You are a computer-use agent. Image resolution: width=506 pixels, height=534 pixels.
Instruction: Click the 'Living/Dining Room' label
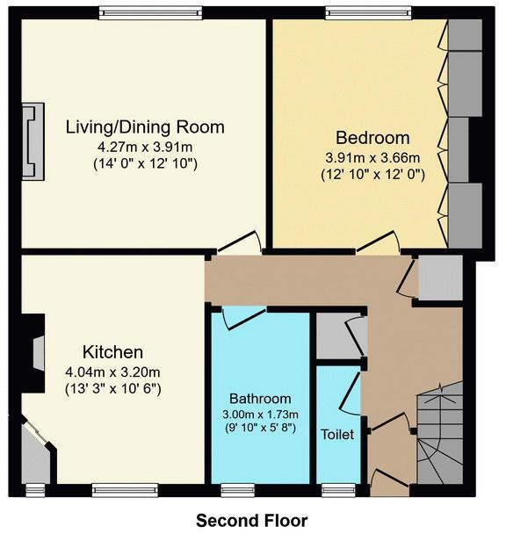145,127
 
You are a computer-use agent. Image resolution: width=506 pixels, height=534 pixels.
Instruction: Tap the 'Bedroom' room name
372,138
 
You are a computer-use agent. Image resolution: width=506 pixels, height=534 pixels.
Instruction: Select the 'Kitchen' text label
113,352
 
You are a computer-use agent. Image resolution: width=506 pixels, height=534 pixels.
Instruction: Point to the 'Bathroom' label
260,398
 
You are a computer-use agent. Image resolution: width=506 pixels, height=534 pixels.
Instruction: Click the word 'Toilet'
337,434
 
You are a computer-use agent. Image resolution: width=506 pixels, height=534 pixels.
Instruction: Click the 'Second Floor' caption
252,519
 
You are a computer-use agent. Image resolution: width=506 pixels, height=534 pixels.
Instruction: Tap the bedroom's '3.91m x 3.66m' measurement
372,157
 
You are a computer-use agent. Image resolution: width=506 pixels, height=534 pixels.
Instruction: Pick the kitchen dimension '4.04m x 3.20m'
113,371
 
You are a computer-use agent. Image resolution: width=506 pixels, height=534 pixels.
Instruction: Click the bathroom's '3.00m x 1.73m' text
260,414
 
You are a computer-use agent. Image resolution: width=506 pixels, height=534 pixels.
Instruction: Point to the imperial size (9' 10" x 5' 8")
260,428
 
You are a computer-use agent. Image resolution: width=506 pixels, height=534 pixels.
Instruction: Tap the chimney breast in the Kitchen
35,354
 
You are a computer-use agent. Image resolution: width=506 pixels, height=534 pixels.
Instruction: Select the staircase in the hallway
438,435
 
